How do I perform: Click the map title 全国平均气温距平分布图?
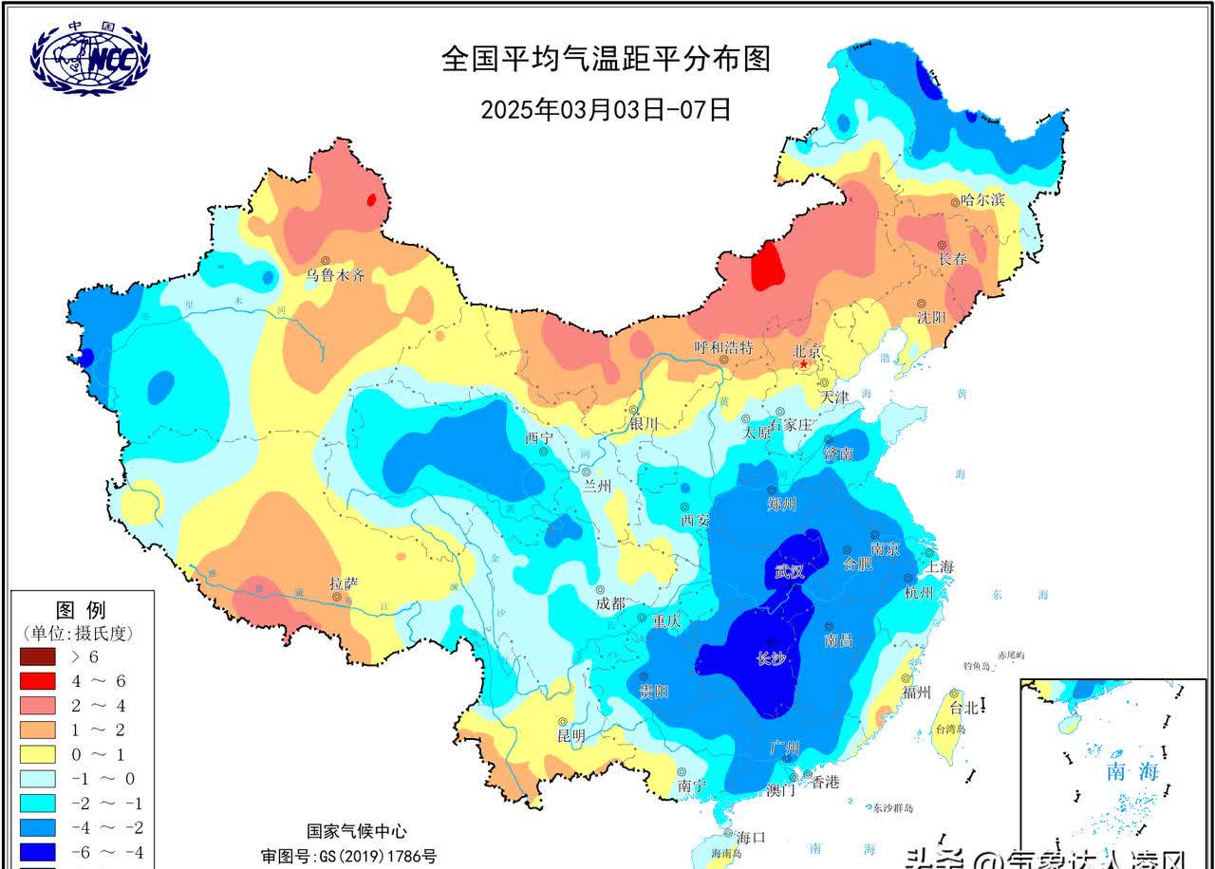(606, 59)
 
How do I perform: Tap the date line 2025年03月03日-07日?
(606, 109)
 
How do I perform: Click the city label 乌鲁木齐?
(334, 276)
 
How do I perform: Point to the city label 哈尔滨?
(982, 200)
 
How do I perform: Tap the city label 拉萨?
(344, 582)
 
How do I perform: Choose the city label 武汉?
(790, 571)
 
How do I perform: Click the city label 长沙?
(772, 660)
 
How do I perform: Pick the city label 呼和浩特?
(723, 347)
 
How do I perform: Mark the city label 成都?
(611, 603)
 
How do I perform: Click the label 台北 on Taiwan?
(963, 707)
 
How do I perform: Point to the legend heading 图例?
(81, 609)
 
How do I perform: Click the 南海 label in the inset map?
(1132, 771)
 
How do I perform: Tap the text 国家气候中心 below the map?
(357, 831)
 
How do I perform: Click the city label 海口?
(751, 837)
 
